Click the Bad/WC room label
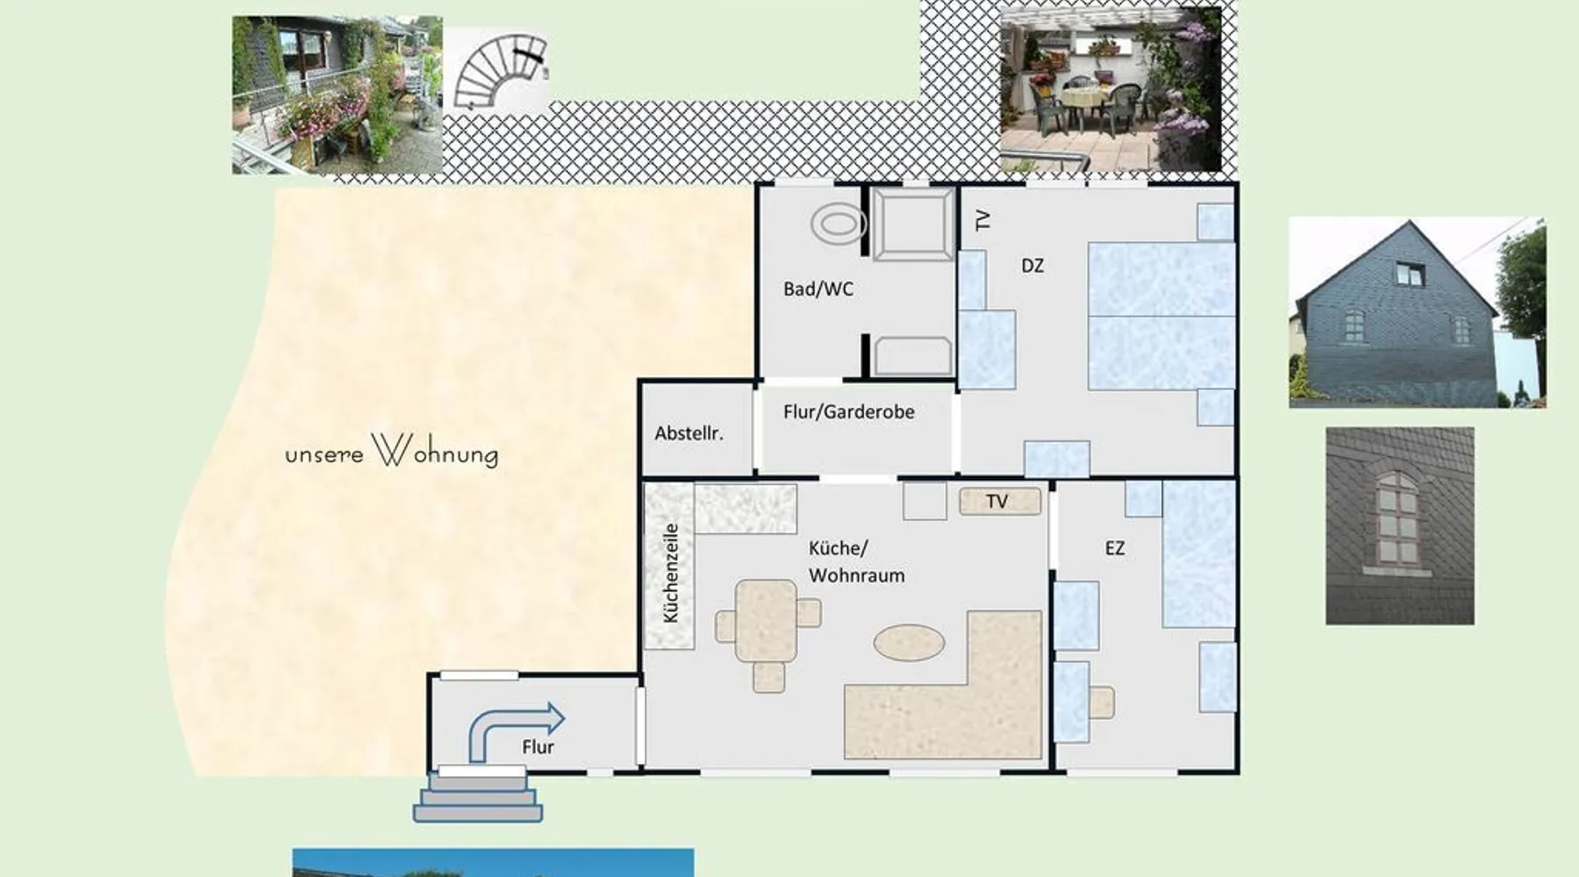point(818,289)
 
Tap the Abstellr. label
point(689,433)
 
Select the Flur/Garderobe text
point(848,411)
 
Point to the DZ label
point(1032,266)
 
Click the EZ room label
point(1114,548)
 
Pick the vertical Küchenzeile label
point(671,573)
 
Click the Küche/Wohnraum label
point(856,561)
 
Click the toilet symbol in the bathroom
point(838,225)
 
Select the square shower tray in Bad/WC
point(913,224)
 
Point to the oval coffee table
point(909,642)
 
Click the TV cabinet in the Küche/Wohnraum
point(1000,502)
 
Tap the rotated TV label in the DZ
point(982,219)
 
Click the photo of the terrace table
point(1111,89)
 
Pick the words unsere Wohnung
point(392,451)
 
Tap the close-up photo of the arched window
point(1400,526)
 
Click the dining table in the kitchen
point(767,620)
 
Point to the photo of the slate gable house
point(1418,313)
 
